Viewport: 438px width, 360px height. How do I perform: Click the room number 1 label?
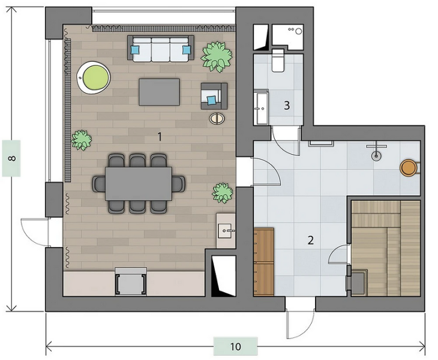pyautogui.click(x=160, y=137)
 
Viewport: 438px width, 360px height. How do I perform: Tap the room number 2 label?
pyautogui.click(x=310, y=240)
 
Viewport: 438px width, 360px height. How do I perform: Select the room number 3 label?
pyautogui.click(x=287, y=105)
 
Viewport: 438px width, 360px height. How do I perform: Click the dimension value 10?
pyautogui.click(x=235, y=347)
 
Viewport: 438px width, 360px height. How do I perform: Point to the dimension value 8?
pyautogui.click(x=11, y=158)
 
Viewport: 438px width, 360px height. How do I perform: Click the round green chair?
pyautogui.click(x=94, y=77)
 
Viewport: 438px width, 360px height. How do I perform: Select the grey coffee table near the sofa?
pyautogui.click(x=159, y=92)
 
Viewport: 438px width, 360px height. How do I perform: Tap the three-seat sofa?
pyautogui.click(x=161, y=49)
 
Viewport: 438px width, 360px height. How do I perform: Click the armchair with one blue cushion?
pyautogui.click(x=214, y=96)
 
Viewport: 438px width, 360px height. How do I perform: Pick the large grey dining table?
pyautogui.click(x=139, y=184)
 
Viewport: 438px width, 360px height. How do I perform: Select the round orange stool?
pyautogui.click(x=409, y=167)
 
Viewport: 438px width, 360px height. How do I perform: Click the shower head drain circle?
pyautogui.click(x=376, y=156)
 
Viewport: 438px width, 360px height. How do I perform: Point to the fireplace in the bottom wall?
pyautogui.click(x=131, y=281)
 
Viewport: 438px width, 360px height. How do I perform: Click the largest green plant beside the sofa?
pyautogui.click(x=217, y=56)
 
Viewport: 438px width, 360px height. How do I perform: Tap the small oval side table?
pyautogui.click(x=217, y=118)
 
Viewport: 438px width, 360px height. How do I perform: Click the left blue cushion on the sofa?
pyautogui.click(x=135, y=50)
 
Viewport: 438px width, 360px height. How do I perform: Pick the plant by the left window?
pyautogui.click(x=81, y=140)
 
